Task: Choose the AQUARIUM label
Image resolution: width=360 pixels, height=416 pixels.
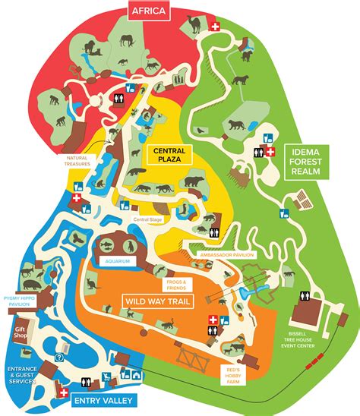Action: click(x=118, y=261)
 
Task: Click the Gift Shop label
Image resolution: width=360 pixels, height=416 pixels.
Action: click(x=19, y=334)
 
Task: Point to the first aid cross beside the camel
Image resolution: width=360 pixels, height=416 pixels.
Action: click(x=216, y=27)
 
